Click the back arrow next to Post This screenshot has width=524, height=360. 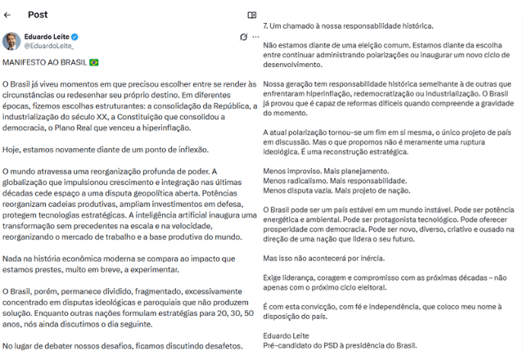pos(7,15)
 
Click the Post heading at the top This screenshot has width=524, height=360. pos(38,15)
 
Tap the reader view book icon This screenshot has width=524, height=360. pos(252,15)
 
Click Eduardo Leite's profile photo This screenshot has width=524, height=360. pos(11,41)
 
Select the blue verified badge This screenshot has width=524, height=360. pos(75,38)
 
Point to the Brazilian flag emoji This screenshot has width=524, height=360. pos(93,62)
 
